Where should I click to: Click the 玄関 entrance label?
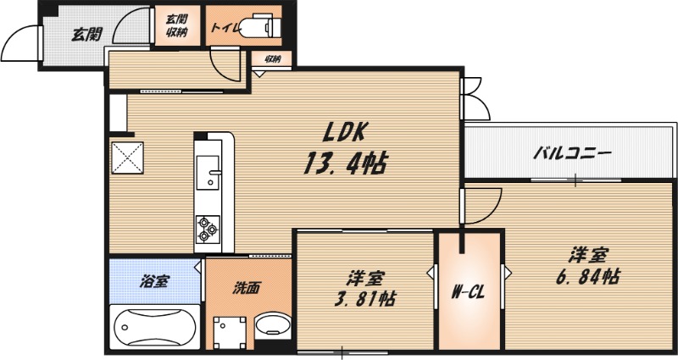(86, 35)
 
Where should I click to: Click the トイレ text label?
(226, 27)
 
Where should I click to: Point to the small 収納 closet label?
(272, 59)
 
